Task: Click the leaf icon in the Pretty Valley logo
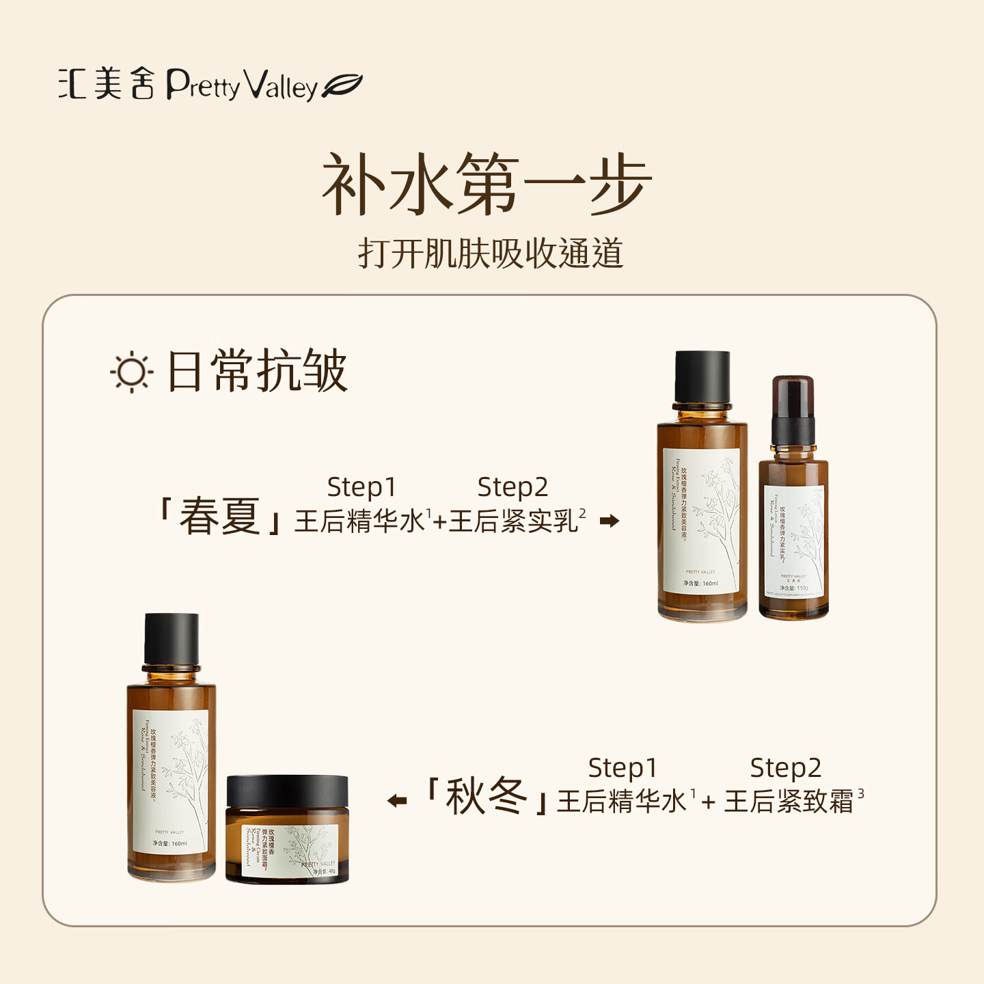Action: pos(342,86)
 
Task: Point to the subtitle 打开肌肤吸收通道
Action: pos(491,254)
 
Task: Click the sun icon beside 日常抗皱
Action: pos(131,372)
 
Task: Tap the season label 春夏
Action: pos(219,517)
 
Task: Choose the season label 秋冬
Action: pos(486,797)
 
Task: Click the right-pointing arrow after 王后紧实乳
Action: pos(609,521)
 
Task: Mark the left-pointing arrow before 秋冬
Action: pos(397,800)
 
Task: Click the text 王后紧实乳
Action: pos(513,521)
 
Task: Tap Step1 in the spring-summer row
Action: pos(361,487)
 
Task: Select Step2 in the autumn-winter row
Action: pos(785,768)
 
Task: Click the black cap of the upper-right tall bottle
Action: pos(702,377)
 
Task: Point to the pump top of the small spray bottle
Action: pos(793,409)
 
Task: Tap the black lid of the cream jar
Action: pos(287,791)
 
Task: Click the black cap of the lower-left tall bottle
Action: pos(172,639)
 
